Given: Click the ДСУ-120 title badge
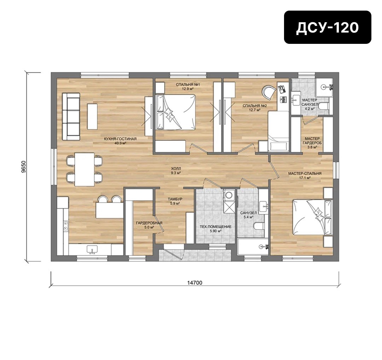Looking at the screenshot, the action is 328,27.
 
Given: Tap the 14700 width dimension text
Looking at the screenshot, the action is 195,283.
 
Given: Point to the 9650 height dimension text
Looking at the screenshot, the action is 23,167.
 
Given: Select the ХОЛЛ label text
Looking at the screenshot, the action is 176,168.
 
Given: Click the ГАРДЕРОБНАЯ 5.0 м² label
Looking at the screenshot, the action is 149,225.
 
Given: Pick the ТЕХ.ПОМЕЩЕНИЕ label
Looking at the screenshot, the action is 216,227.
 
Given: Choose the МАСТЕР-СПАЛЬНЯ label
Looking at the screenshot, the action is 305,174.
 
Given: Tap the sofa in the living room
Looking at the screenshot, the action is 71,116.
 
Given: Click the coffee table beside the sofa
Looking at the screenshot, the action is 92,117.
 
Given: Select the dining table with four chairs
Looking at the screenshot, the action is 85,169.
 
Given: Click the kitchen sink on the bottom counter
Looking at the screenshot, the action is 92,249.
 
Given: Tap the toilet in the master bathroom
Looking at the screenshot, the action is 324,106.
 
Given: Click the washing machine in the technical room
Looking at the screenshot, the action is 229,195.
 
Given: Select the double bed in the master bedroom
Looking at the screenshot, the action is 312,217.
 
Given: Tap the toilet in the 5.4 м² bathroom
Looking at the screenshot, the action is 259,226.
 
